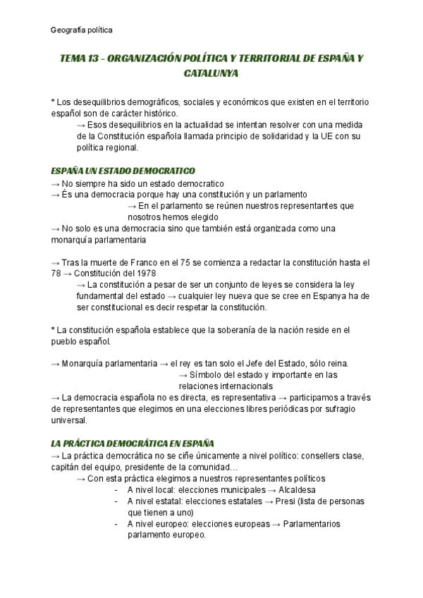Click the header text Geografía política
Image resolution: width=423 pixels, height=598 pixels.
[x=82, y=30]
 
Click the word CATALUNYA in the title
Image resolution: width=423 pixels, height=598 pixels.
[x=211, y=73]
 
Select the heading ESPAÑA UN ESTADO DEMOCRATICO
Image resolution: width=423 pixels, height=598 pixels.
[x=123, y=171]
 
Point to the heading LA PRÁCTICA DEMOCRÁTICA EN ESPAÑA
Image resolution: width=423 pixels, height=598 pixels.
[x=133, y=444]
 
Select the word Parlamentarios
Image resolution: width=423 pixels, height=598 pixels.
[x=309, y=524]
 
